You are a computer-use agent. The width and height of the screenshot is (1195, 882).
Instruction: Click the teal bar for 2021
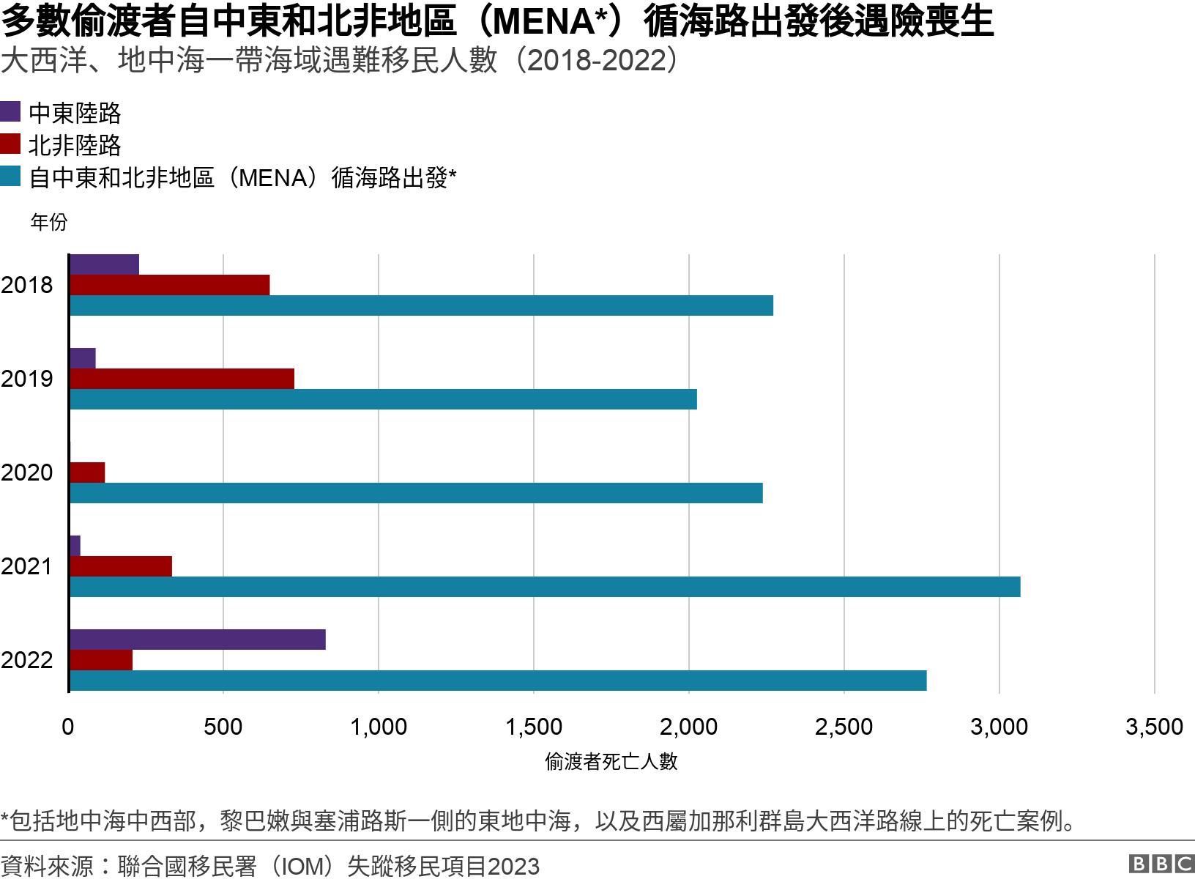pos(545,587)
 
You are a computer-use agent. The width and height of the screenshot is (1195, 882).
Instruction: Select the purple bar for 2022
pos(198,640)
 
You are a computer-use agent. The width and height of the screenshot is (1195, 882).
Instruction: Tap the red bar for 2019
pos(182,379)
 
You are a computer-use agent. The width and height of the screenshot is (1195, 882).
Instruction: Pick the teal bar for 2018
pos(421,305)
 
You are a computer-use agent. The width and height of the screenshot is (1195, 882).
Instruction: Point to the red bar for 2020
pos(87,472)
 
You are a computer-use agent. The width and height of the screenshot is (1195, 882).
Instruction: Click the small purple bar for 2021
pos(75,546)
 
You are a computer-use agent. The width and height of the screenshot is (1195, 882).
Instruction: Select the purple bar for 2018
pos(104,265)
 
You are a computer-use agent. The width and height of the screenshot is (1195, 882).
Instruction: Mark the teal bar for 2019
pos(383,399)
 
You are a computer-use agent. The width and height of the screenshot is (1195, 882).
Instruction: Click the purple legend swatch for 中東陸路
pos(10,112)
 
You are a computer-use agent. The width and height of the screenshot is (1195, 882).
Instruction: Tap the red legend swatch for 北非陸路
pos(10,144)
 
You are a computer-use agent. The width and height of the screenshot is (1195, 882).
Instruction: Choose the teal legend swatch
pos(10,177)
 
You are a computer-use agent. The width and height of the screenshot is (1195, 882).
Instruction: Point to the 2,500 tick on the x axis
pos(844,727)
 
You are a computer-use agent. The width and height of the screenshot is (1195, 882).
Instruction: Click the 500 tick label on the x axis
pos(223,727)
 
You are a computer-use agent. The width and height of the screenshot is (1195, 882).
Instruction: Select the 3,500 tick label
pos(1153,727)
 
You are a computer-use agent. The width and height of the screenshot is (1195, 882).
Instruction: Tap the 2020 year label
pos(27,472)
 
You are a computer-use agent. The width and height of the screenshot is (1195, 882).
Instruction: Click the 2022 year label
pos(27,660)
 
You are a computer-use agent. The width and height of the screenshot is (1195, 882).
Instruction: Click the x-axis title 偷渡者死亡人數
pos(611,762)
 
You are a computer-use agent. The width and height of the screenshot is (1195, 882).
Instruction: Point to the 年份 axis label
pos(49,222)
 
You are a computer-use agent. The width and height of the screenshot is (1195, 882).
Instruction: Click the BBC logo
pos(1161,865)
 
